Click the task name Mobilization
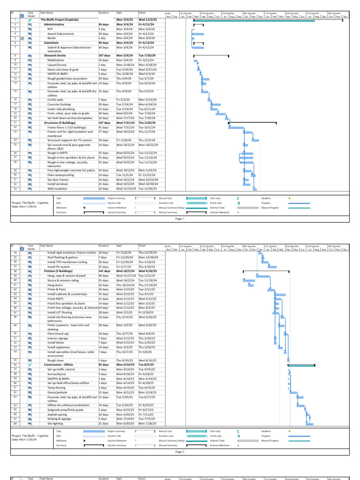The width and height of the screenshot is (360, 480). [x=56, y=60]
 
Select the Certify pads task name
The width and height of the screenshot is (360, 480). [x=55, y=100]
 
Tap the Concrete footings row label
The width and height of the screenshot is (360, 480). [x=59, y=104]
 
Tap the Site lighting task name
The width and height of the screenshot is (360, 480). [x=56, y=423]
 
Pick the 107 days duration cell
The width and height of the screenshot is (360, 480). [x=104, y=55]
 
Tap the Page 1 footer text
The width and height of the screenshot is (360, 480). [x=180, y=218]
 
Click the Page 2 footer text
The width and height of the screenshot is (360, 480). [x=180, y=452]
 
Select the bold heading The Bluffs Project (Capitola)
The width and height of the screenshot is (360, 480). [x=60, y=20]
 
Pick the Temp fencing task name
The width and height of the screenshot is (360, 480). [x=55, y=388]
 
